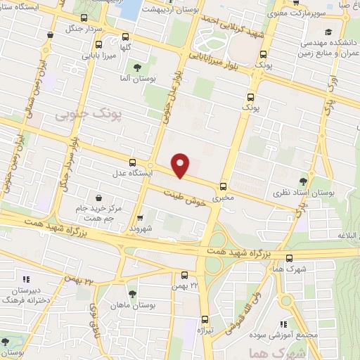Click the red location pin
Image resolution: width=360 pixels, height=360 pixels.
click(181, 165)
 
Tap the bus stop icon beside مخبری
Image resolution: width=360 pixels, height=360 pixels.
click(224, 186)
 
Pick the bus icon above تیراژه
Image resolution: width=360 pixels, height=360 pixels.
click(205, 318)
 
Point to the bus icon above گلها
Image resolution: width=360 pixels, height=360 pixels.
click(125, 37)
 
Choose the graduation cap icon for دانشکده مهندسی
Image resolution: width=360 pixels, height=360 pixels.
click(328, 32)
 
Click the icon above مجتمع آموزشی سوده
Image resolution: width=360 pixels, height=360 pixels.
click(283, 324)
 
